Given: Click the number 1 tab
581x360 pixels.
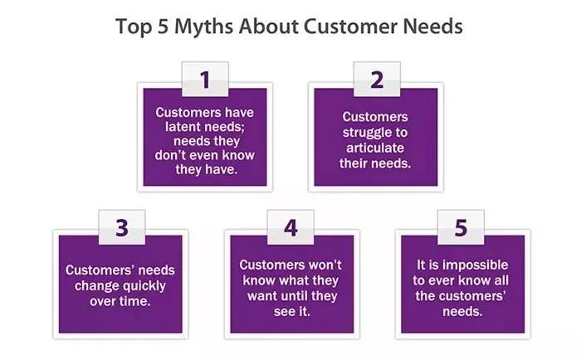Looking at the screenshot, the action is [205, 80].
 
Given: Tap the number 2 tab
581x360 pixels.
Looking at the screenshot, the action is [377, 80].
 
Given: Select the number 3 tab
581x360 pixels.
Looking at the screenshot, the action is [122, 227].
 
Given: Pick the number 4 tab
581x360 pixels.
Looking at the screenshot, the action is [290, 227].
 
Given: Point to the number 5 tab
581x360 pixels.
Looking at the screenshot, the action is [461, 227].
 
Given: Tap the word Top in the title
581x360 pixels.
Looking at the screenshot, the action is [134, 27].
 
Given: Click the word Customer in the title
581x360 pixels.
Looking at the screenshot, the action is [350, 27].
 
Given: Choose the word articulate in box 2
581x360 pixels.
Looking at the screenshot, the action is [375, 148].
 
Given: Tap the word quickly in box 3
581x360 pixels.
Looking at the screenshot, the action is [144, 286].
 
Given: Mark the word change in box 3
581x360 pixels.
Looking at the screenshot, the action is [96, 286].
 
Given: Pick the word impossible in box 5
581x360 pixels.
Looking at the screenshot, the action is [476, 265].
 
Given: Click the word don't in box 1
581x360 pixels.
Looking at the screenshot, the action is [173, 155].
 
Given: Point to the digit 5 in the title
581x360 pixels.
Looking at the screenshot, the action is [163, 27].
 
